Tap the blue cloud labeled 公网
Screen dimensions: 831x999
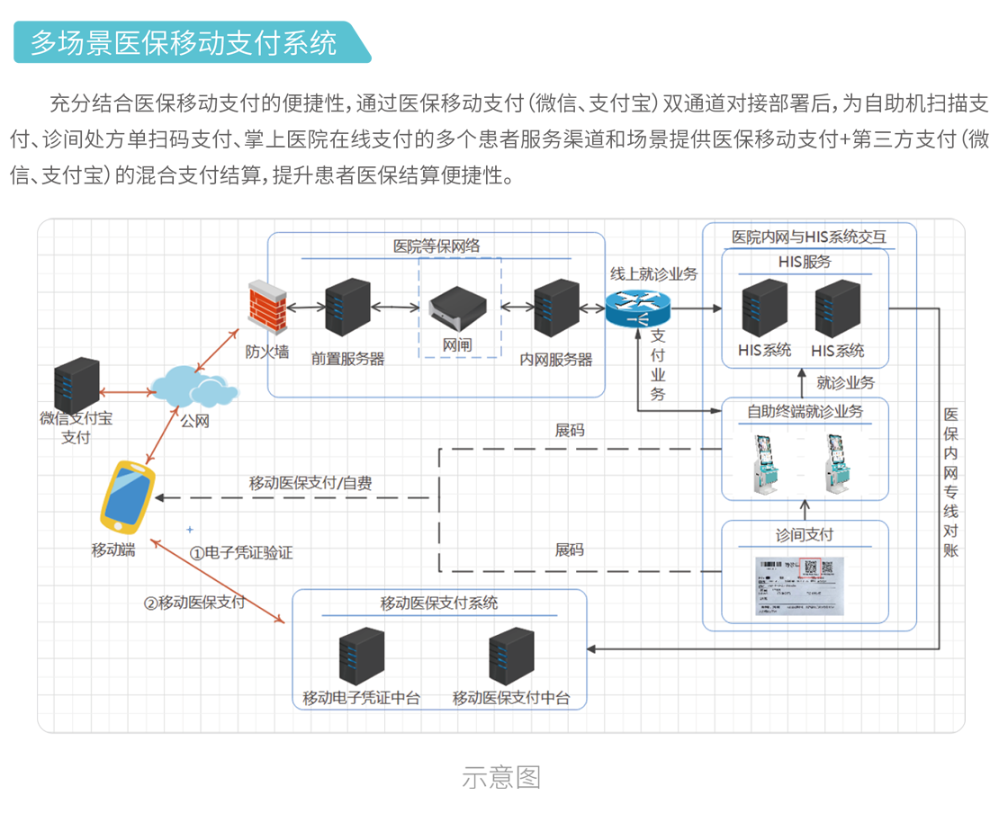pyautogui.click(x=193, y=387)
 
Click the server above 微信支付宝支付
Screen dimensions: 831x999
pyautogui.click(x=76, y=382)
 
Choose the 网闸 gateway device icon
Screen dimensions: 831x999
pyautogui.click(x=459, y=308)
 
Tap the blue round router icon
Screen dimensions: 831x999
pyautogui.click(x=637, y=308)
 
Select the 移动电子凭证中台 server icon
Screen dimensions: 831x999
pyautogui.click(x=362, y=657)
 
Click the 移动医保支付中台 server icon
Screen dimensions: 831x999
pyautogui.click(x=510, y=657)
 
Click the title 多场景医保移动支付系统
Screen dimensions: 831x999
pyautogui.click(x=184, y=42)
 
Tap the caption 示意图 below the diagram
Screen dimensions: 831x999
pyautogui.click(x=501, y=777)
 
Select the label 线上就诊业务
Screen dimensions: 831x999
pyautogui.click(x=653, y=273)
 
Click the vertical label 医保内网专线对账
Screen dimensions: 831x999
pyautogui.click(x=950, y=482)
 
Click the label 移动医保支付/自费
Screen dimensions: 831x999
pyautogui.click(x=310, y=483)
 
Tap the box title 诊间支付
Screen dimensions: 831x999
pyautogui.click(x=805, y=534)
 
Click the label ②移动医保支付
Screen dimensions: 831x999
pyautogui.click(x=194, y=603)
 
